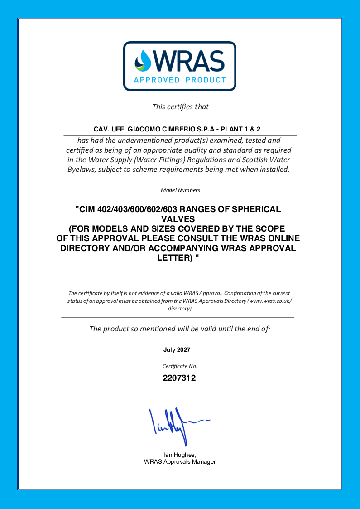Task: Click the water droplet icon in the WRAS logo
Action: pyautogui.click(x=144, y=61)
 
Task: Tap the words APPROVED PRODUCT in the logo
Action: pyautogui.click(x=180, y=80)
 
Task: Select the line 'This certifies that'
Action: pyautogui.click(x=180, y=107)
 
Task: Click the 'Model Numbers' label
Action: pyautogui.click(x=180, y=190)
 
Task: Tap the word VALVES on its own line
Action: pyautogui.click(x=180, y=218)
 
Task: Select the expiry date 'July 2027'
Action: pyautogui.click(x=177, y=350)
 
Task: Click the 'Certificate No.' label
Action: pyautogui.click(x=180, y=366)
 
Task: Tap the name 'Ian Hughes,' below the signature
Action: pyautogui.click(x=179, y=455)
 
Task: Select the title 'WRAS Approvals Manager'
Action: pyautogui.click(x=180, y=462)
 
